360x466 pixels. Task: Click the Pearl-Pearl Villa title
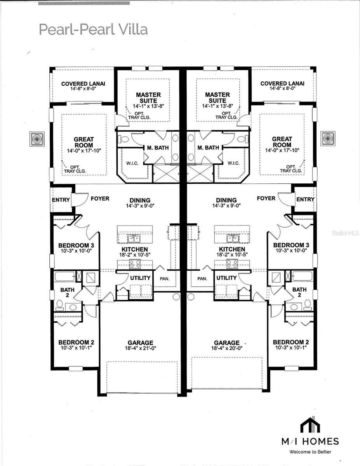(x=93, y=30)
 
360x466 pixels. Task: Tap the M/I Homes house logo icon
(x=310, y=424)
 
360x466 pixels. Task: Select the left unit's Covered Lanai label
(x=83, y=83)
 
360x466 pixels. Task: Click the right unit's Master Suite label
(x=217, y=97)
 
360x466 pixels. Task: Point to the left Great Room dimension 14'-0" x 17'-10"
(x=84, y=151)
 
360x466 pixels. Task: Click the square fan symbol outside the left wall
(x=37, y=139)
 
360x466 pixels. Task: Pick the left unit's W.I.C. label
(x=132, y=163)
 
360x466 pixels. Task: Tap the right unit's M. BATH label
(x=208, y=148)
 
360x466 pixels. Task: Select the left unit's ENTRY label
(x=61, y=200)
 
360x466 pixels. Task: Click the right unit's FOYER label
(x=266, y=198)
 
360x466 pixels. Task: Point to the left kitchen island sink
(x=134, y=238)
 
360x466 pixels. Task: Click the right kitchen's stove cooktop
(x=232, y=264)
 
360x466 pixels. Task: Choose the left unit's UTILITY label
(x=140, y=278)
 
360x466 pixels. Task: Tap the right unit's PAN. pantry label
(x=202, y=279)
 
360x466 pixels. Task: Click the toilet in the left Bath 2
(x=59, y=305)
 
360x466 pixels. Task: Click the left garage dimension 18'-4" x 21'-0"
(x=141, y=348)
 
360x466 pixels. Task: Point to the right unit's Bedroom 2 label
(x=291, y=342)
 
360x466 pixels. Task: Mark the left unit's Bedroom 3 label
(x=76, y=245)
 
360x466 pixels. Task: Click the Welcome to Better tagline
(x=310, y=452)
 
